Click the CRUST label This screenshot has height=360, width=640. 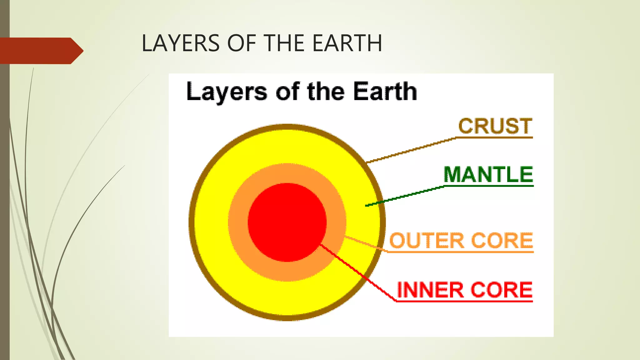[x=495, y=126]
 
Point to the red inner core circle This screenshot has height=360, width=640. [x=287, y=222]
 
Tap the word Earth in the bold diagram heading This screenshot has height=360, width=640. [x=385, y=91]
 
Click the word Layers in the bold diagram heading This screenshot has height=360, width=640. [x=227, y=92]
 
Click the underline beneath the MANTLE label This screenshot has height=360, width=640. [x=489, y=186]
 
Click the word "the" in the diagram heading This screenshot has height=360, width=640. [x=326, y=91]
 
